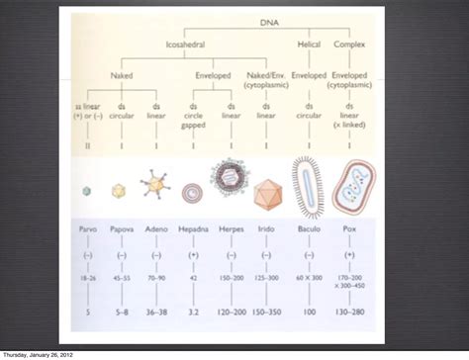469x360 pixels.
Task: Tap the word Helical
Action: click(311, 45)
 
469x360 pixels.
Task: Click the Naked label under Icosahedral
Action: click(122, 73)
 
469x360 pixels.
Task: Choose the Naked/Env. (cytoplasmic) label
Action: click(267, 78)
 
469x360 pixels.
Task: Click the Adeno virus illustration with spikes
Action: click(155, 188)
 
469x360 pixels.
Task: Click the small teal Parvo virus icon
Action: click(88, 190)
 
